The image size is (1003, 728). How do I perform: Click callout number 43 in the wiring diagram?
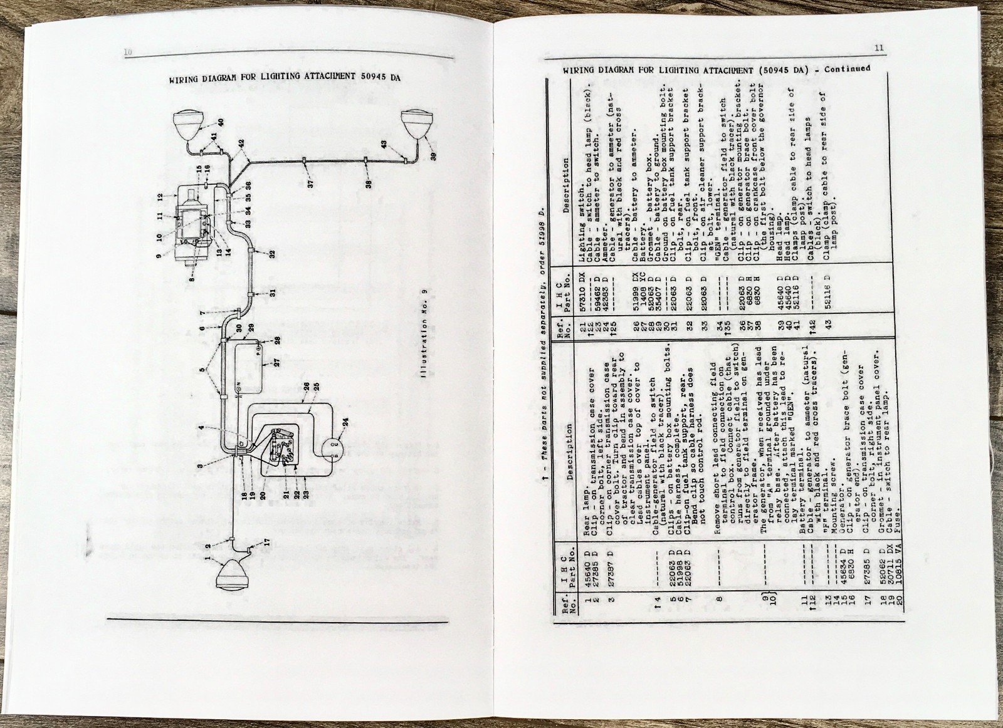[x=384, y=144]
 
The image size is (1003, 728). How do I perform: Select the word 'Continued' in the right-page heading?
[x=847, y=69]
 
